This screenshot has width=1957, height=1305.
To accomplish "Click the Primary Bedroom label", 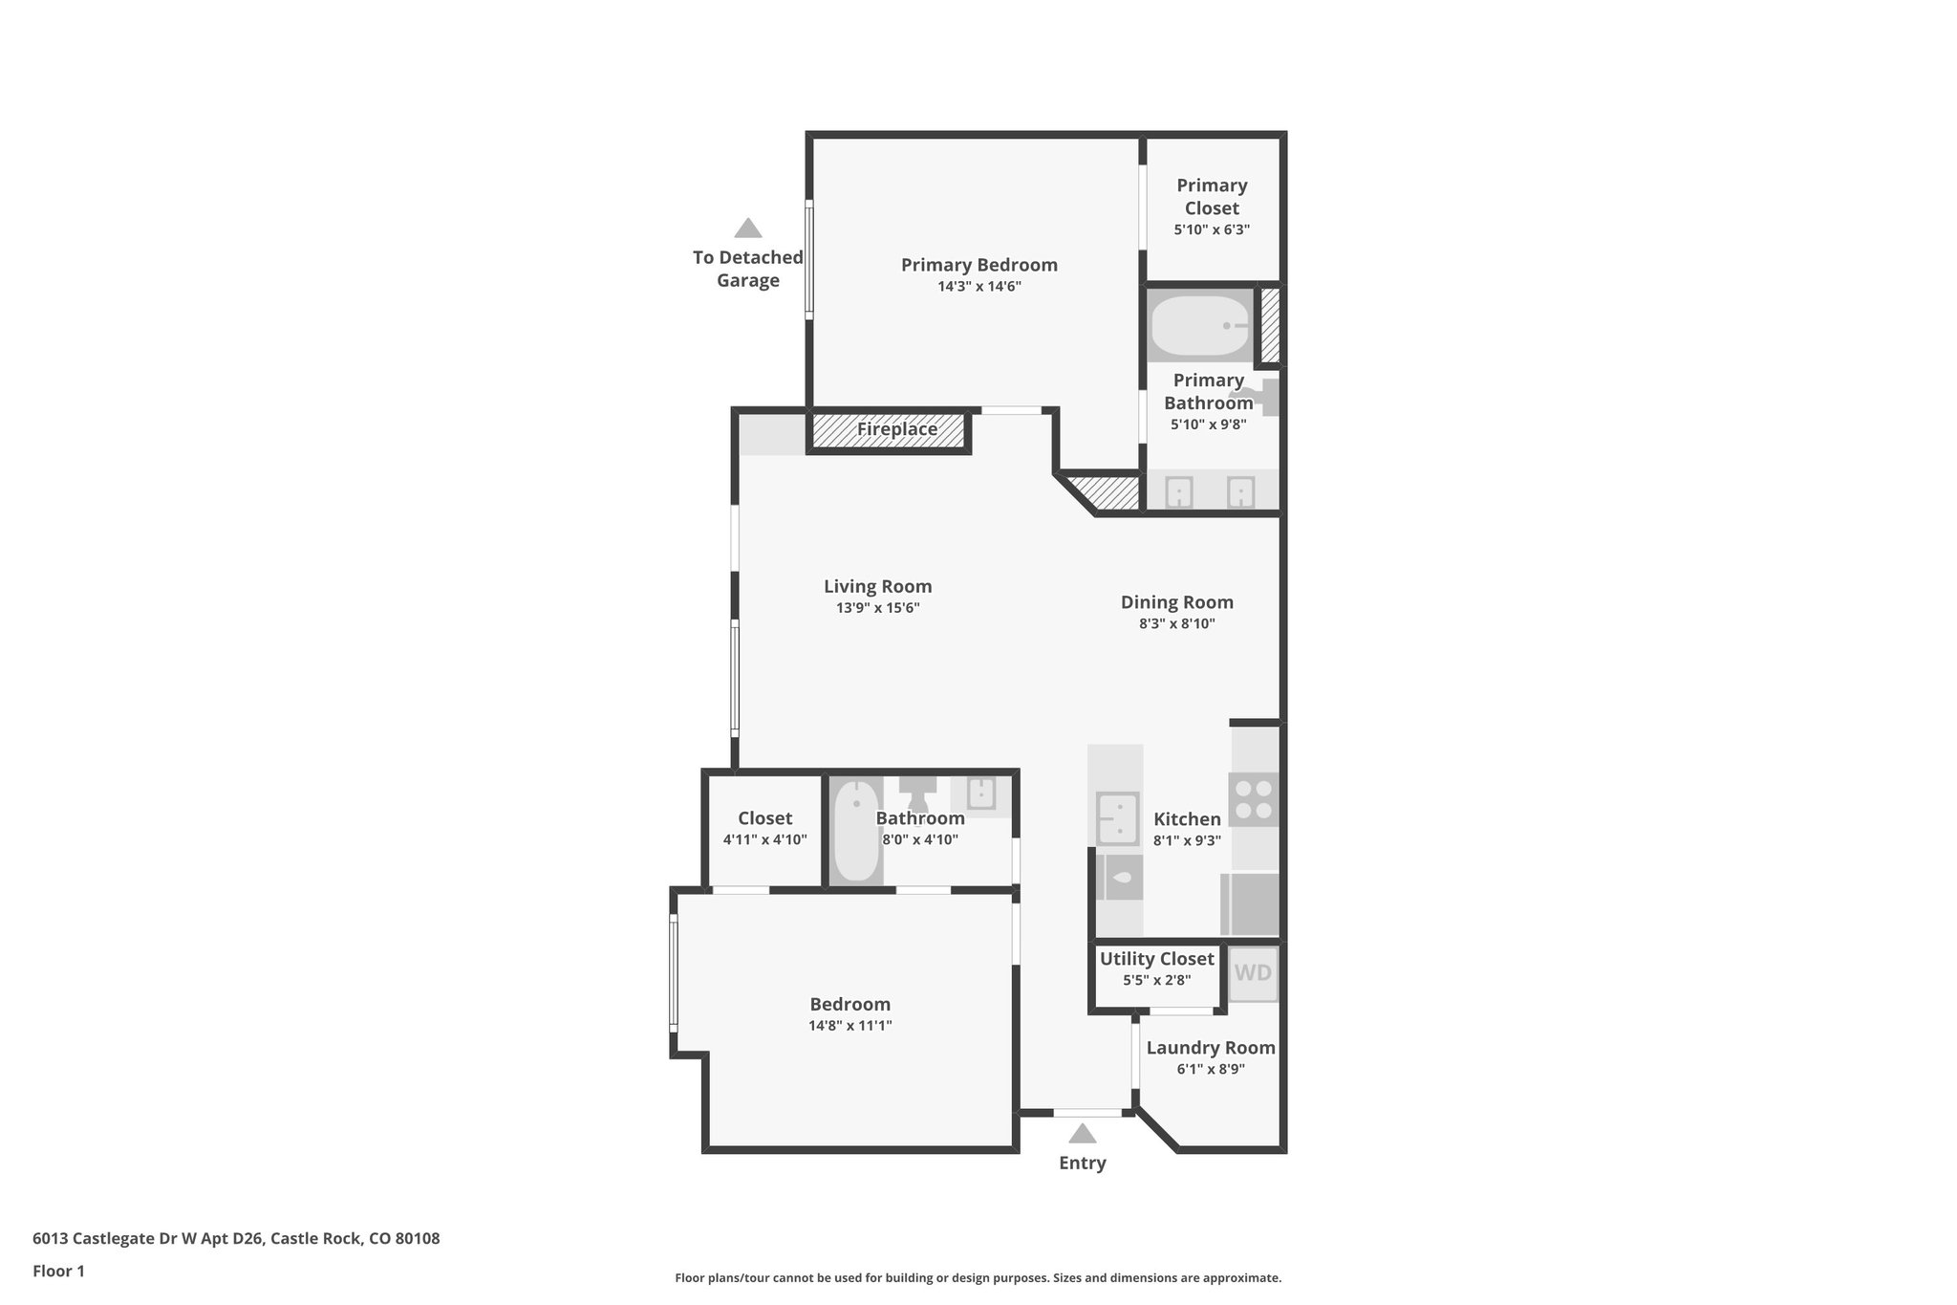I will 978,265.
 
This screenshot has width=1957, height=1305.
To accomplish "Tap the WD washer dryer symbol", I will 1252,973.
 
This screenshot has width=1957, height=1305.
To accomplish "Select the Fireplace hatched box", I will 890,430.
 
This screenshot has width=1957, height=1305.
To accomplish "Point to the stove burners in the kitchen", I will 1253,799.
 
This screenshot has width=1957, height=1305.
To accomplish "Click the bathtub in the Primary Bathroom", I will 1200,325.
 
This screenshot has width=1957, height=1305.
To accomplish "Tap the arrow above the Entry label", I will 1082,1134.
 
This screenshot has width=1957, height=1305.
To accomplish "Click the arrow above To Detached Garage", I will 747,228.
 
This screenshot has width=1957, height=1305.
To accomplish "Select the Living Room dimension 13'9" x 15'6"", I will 877,608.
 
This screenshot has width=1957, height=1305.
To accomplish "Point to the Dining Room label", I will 1176,602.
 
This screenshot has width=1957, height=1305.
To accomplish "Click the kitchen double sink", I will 1117,819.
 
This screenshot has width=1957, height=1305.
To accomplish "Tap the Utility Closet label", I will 1156,959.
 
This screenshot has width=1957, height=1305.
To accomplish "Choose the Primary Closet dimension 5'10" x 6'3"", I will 1212,230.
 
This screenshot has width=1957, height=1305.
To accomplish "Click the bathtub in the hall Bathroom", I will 855,831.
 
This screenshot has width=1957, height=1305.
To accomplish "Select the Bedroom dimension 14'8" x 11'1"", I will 849,1026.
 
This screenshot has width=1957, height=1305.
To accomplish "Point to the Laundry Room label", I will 1210,1048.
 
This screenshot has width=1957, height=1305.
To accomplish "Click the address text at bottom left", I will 236,1239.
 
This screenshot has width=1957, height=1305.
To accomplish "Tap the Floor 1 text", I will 58,1272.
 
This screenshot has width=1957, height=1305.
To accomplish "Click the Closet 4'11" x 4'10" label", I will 764,819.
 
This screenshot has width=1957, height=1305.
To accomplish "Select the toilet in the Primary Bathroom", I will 1259,397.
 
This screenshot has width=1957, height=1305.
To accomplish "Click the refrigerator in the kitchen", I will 1250,903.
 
